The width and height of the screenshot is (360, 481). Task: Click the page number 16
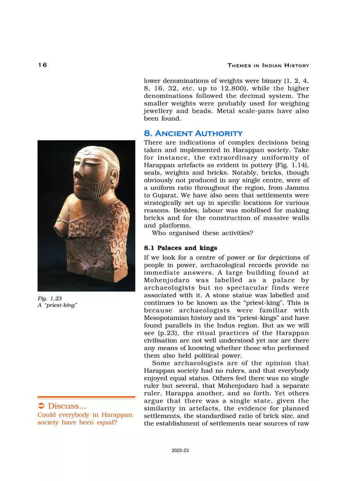coord(43,65)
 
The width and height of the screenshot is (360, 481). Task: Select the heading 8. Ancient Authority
coord(193,133)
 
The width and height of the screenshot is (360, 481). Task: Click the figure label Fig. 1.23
coord(49,299)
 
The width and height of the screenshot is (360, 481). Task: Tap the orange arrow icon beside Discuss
coord(41,406)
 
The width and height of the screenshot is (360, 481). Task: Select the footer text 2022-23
coord(180,450)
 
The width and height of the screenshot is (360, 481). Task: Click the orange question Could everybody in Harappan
coord(85,415)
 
